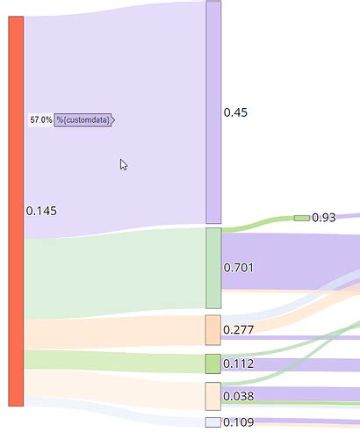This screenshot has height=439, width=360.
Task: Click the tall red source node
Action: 16,211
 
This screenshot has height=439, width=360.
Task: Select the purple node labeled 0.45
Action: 213,112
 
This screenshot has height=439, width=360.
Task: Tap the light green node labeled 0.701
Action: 213,268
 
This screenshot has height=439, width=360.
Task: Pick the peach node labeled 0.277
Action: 213,330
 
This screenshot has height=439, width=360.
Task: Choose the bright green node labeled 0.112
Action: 213,363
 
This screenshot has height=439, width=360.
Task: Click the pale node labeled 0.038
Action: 213,396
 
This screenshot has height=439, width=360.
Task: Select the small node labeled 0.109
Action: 213,422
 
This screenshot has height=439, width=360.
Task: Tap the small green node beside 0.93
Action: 302,218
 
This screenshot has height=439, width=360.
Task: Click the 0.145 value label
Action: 41,211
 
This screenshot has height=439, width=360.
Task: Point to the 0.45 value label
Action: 235,112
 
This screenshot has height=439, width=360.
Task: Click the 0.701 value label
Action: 238,268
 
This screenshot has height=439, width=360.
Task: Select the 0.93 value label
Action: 324,218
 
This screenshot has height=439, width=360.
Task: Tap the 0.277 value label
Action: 238,330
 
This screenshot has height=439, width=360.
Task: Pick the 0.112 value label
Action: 238,363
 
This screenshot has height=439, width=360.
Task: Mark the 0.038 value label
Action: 238,396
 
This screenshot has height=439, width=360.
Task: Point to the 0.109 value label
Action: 238,422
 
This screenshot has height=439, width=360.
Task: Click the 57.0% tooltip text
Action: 41,119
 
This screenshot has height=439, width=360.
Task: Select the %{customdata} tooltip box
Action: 84,120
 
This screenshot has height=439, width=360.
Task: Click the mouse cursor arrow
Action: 124,164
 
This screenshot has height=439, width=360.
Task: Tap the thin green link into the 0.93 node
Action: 257,224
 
